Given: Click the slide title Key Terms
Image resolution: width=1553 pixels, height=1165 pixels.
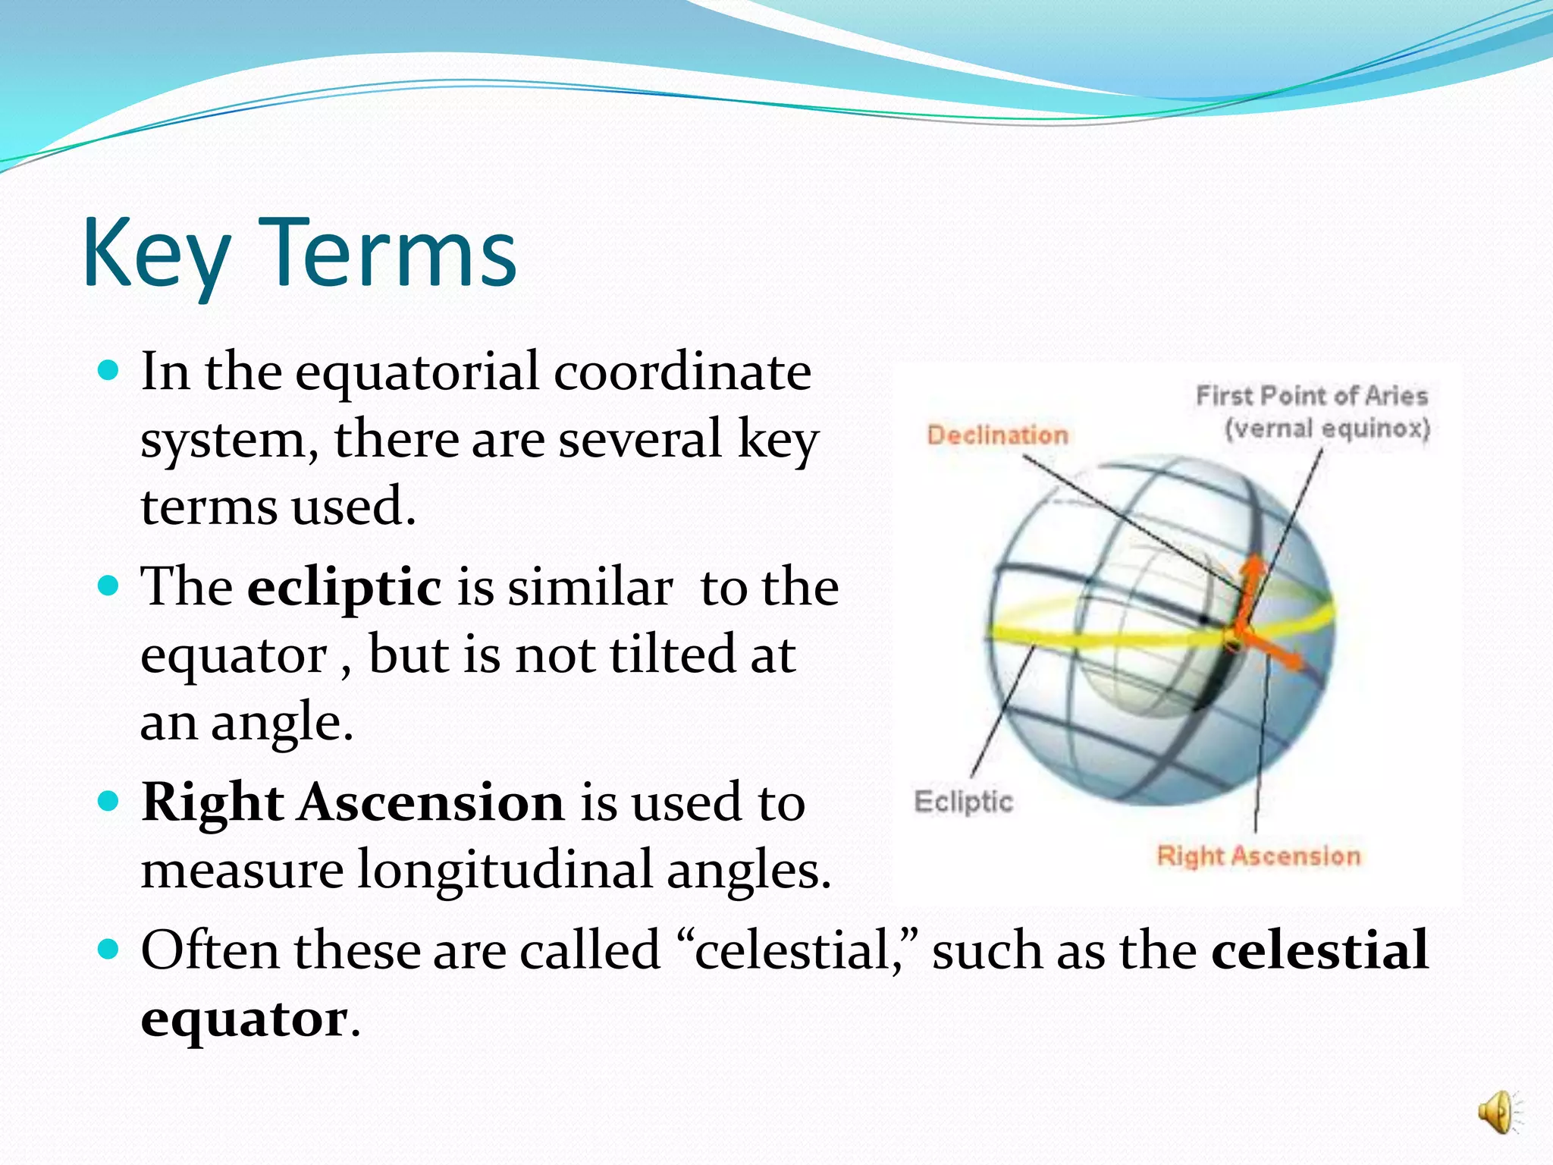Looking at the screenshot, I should (x=300, y=254).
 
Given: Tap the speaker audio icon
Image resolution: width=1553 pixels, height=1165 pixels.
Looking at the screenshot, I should (x=1498, y=1113).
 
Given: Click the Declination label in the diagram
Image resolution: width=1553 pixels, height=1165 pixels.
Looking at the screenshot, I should (x=997, y=435).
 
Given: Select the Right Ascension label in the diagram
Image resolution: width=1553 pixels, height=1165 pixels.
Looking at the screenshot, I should (x=1258, y=856).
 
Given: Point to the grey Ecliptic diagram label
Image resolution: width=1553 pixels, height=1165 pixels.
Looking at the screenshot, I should (x=963, y=802).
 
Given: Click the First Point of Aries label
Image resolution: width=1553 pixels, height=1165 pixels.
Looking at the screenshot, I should (x=1311, y=396).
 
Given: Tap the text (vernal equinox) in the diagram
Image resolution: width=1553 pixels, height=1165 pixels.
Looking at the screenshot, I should (x=1327, y=429).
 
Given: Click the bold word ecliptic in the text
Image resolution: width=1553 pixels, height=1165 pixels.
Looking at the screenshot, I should (x=344, y=588).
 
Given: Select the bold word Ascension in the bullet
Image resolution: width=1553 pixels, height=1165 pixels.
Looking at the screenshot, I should (x=431, y=803).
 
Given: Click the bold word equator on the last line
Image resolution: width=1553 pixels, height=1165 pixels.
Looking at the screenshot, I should (x=244, y=1019).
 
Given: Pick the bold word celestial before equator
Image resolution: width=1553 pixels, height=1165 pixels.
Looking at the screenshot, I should (x=1319, y=950).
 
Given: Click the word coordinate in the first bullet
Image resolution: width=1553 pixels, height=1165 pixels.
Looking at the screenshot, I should (x=682, y=372).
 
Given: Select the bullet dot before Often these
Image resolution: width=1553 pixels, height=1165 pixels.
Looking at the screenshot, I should (x=110, y=949).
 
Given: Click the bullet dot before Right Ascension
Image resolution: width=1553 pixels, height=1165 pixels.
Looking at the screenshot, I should (x=110, y=802).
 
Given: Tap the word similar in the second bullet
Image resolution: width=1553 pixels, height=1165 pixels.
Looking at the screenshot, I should (x=589, y=588).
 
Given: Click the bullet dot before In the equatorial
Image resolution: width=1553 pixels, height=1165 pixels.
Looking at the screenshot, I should (x=110, y=371).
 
